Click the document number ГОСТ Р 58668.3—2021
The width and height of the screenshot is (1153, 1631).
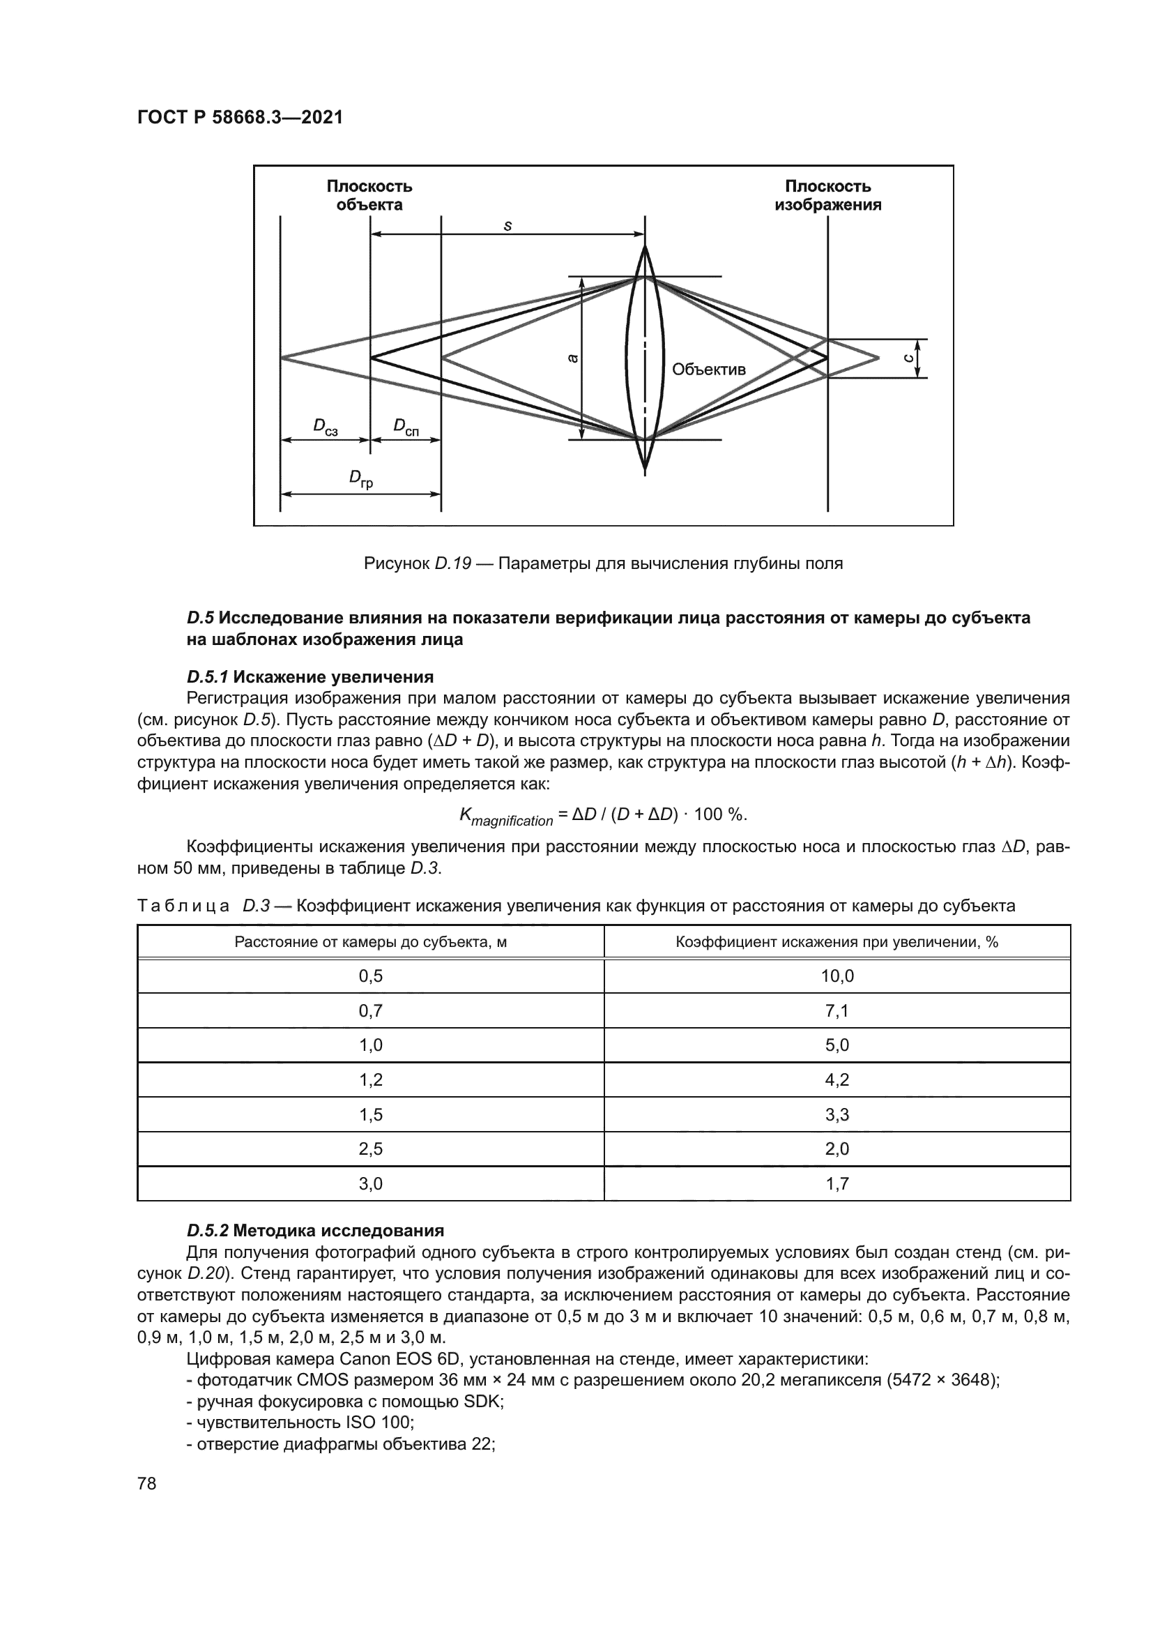[x=239, y=117]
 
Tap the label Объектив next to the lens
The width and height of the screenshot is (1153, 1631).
[x=708, y=370]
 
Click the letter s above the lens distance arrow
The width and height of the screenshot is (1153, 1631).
[x=507, y=226]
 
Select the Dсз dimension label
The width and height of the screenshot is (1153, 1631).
[x=325, y=427]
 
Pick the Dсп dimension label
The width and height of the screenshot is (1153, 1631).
[x=406, y=427]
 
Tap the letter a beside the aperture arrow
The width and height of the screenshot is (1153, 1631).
[x=573, y=359]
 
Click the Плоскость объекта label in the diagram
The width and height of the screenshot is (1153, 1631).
[x=369, y=195]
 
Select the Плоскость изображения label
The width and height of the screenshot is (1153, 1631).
[x=828, y=195]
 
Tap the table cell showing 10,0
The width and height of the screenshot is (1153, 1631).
[x=837, y=976]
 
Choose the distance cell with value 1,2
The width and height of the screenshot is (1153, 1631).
[x=371, y=1079]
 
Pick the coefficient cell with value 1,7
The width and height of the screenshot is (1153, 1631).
[x=837, y=1183]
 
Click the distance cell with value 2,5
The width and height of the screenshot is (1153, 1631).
[x=371, y=1148]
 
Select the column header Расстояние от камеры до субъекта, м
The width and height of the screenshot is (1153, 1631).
[x=371, y=942]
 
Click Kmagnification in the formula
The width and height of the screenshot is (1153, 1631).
[x=505, y=817]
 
